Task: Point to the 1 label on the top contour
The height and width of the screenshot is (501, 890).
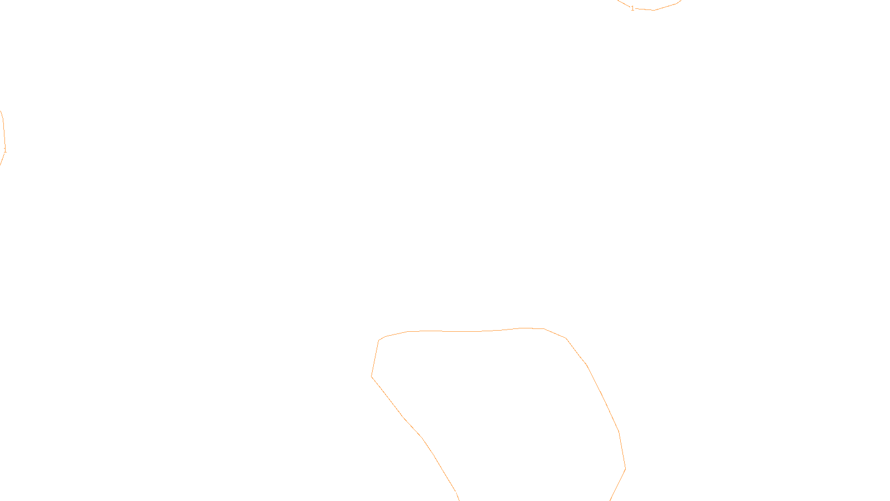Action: coord(632,8)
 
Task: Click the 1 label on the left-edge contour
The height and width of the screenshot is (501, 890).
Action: coord(5,150)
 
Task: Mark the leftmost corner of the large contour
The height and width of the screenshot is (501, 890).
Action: coord(372,377)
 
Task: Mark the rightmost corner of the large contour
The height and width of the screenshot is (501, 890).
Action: coord(626,469)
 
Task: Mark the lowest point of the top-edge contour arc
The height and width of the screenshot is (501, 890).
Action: coord(654,10)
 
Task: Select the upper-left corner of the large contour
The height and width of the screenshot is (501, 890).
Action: coord(379,340)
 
